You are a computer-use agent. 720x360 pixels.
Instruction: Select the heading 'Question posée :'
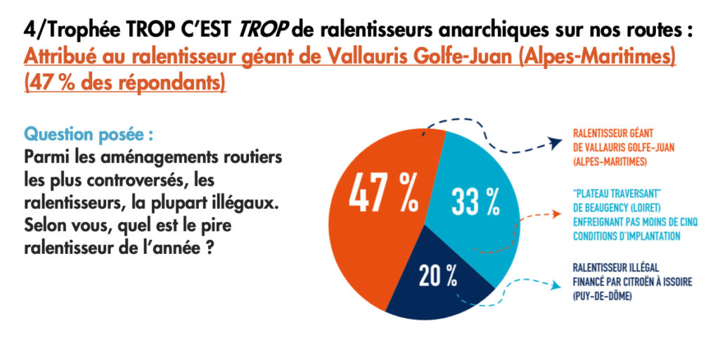(89, 134)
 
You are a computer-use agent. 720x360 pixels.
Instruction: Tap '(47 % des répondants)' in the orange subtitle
(125, 82)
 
